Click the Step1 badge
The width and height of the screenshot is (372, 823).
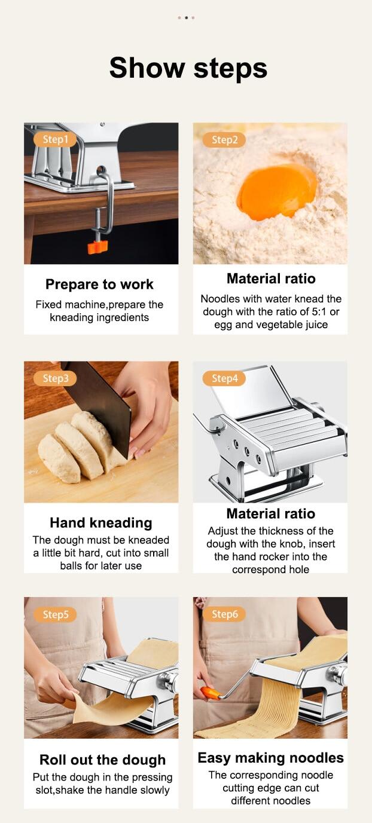55,139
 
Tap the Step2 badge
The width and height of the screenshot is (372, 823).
224,140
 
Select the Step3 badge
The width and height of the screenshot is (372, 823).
55,378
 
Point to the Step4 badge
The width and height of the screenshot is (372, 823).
224,378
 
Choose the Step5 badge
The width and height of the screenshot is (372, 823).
55,614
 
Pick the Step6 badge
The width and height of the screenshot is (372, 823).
224,614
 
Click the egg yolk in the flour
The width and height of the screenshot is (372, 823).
276,192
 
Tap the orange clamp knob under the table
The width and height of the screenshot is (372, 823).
97,247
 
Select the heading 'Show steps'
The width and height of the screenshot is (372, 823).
188,68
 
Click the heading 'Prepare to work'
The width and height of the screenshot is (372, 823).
99,284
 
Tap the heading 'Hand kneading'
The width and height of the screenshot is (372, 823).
101,522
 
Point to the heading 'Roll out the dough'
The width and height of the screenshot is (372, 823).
102,760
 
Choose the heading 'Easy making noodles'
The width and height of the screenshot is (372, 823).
270,757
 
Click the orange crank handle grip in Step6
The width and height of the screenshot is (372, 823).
211,693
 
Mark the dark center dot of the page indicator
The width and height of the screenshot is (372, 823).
187,17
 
